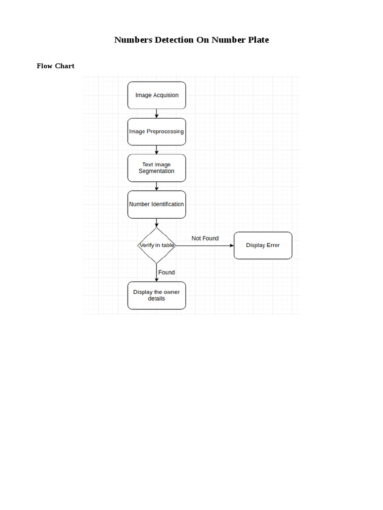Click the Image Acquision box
(x=157, y=95)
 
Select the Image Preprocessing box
(x=157, y=131)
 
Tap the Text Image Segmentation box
(x=157, y=168)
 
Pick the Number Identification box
(x=157, y=204)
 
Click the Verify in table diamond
(x=157, y=245)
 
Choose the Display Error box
(x=263, y=245)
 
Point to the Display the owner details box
(x=157, y=295)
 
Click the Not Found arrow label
(x=205, y=239)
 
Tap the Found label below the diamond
(x=167, y=272)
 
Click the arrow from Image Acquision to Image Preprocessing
(x=157, y=114)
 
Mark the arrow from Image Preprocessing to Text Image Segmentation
(x=157, y=150)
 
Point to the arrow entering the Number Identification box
(x=157, y=186)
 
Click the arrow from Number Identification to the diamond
(x=157, y=223)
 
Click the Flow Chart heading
(x=55, y=66)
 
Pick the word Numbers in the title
(x=133, y=40)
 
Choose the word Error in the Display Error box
(x=272, y=245)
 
